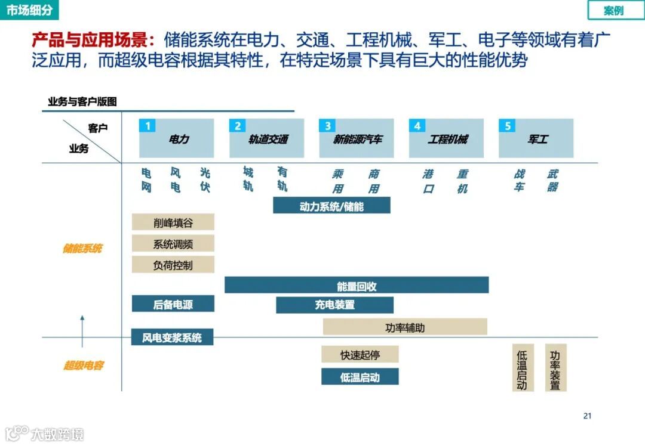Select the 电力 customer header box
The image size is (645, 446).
(x=177, y=138)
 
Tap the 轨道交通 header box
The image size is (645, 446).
(x=267, y=138)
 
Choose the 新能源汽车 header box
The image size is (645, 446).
(x=357, y=138)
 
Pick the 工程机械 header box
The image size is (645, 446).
(x=446, y=138)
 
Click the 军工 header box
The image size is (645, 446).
(x=536, y=138)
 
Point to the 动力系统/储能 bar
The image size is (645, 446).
(x=331, y=206)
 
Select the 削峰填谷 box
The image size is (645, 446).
(x=173, y=222)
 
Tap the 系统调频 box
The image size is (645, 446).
(x=173, y=244)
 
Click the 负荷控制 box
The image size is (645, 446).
(x=173, y=265)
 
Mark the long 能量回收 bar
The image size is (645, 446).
(x=357, y=286)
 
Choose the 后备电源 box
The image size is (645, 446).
(x=173, y=304)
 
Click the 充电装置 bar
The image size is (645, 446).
(x=334, y=305)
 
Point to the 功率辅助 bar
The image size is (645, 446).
(x=405, y=327)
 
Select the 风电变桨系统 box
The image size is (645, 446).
(x=172, y=337)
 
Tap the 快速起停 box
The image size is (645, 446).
(x=360, y=355)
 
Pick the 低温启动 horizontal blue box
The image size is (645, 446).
(x=360, y=377)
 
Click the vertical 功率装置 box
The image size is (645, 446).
(x=555, y=368)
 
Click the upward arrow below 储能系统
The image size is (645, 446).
(x=82, y=332)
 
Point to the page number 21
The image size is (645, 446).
(x=586, y=416)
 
